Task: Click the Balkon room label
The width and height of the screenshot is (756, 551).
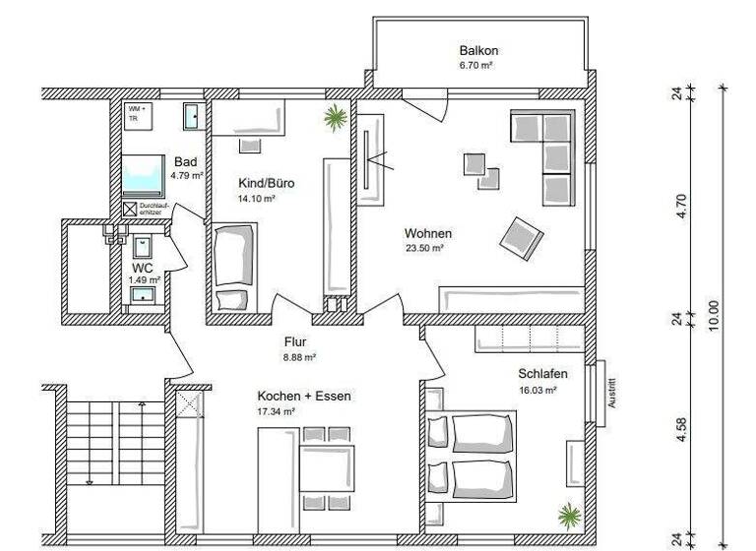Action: (480, 50)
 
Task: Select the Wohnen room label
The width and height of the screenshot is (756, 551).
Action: (428, 233)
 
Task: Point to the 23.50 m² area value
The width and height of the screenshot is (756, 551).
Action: (424, 249)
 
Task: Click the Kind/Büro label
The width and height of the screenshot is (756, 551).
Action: (266, 183)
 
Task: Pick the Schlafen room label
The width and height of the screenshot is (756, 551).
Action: (543, 374)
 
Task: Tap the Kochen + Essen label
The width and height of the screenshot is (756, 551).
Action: (303, 396)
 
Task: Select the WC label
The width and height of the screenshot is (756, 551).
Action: (143, 267)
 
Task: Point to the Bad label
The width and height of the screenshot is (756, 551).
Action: (185, 161)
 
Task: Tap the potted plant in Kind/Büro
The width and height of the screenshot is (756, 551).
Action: (336, 118)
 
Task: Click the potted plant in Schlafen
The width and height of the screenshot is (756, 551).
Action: (568, 513)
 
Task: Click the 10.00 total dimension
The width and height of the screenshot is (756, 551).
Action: (714, 318)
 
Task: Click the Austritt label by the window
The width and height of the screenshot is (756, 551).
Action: (611, 393)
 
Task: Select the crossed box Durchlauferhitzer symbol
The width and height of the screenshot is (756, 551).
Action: (129, 209)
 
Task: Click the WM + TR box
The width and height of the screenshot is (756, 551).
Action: (134, 113)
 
